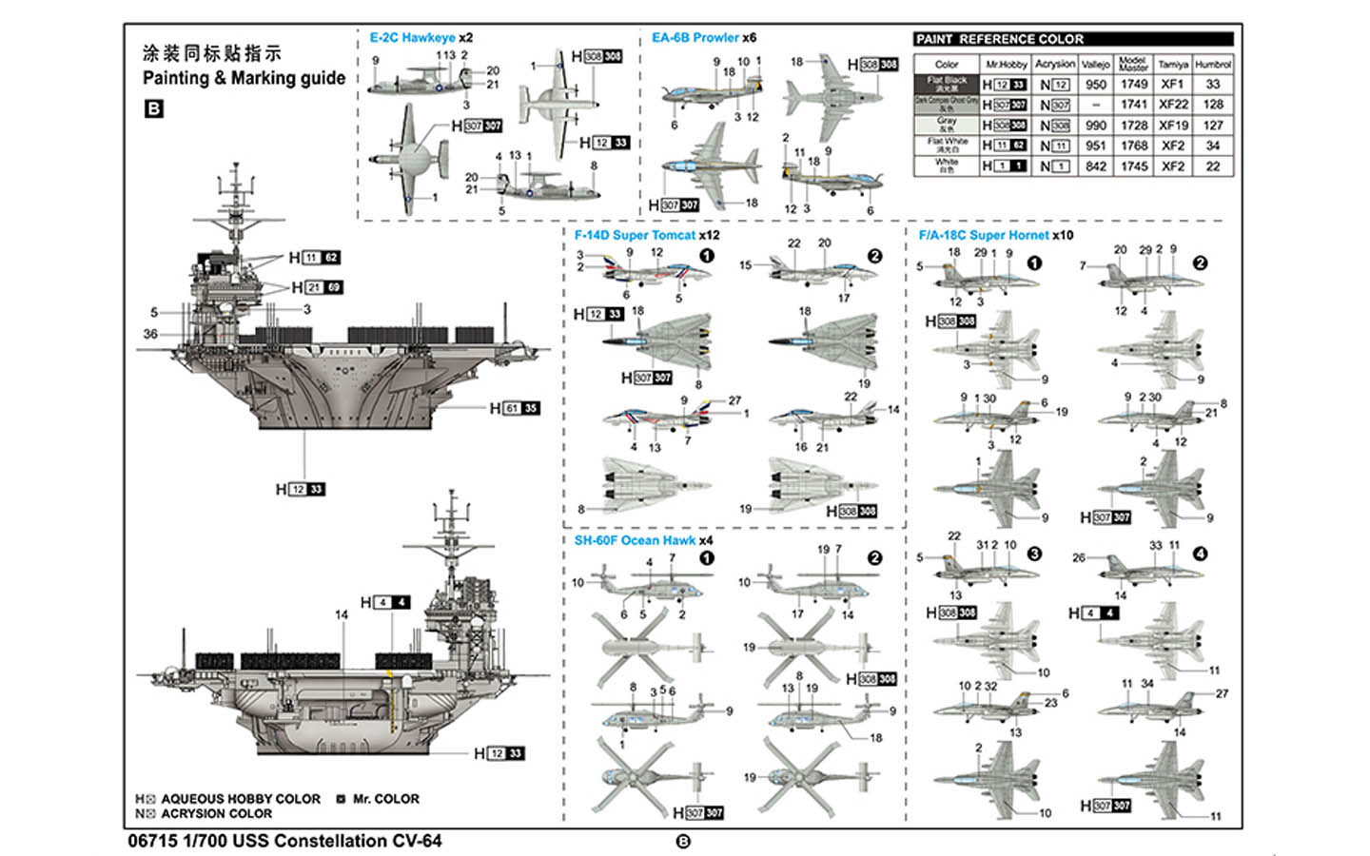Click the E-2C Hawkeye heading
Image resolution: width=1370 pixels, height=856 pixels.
[413, 38]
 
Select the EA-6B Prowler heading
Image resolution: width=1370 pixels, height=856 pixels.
[695, 38]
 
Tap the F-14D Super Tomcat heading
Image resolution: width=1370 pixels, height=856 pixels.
[635, 235]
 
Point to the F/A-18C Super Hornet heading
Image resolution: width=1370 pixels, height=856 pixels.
[984, 235]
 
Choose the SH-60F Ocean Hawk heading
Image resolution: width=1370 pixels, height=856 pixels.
[635, 540]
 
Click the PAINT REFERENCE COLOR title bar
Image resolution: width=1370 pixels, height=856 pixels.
[1072, 39]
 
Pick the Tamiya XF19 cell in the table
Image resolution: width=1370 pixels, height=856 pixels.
[1173, 125]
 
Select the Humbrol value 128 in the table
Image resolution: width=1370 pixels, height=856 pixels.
[1213, 105]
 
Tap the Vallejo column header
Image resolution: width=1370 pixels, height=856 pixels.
[1096, 65]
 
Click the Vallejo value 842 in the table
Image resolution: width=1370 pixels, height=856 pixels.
[1096, 166]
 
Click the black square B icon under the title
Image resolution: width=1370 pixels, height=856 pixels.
[153, 108]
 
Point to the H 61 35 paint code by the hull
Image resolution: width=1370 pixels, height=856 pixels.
[515, 408]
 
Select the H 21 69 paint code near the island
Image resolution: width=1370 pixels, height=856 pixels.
[317, 287]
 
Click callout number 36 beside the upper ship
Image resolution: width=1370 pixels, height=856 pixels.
[150, 334]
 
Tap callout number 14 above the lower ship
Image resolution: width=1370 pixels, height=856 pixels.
[342, 615]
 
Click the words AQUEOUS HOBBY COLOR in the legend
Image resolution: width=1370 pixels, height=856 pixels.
[241, 799]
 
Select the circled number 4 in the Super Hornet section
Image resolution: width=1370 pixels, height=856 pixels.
[1200, 554]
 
